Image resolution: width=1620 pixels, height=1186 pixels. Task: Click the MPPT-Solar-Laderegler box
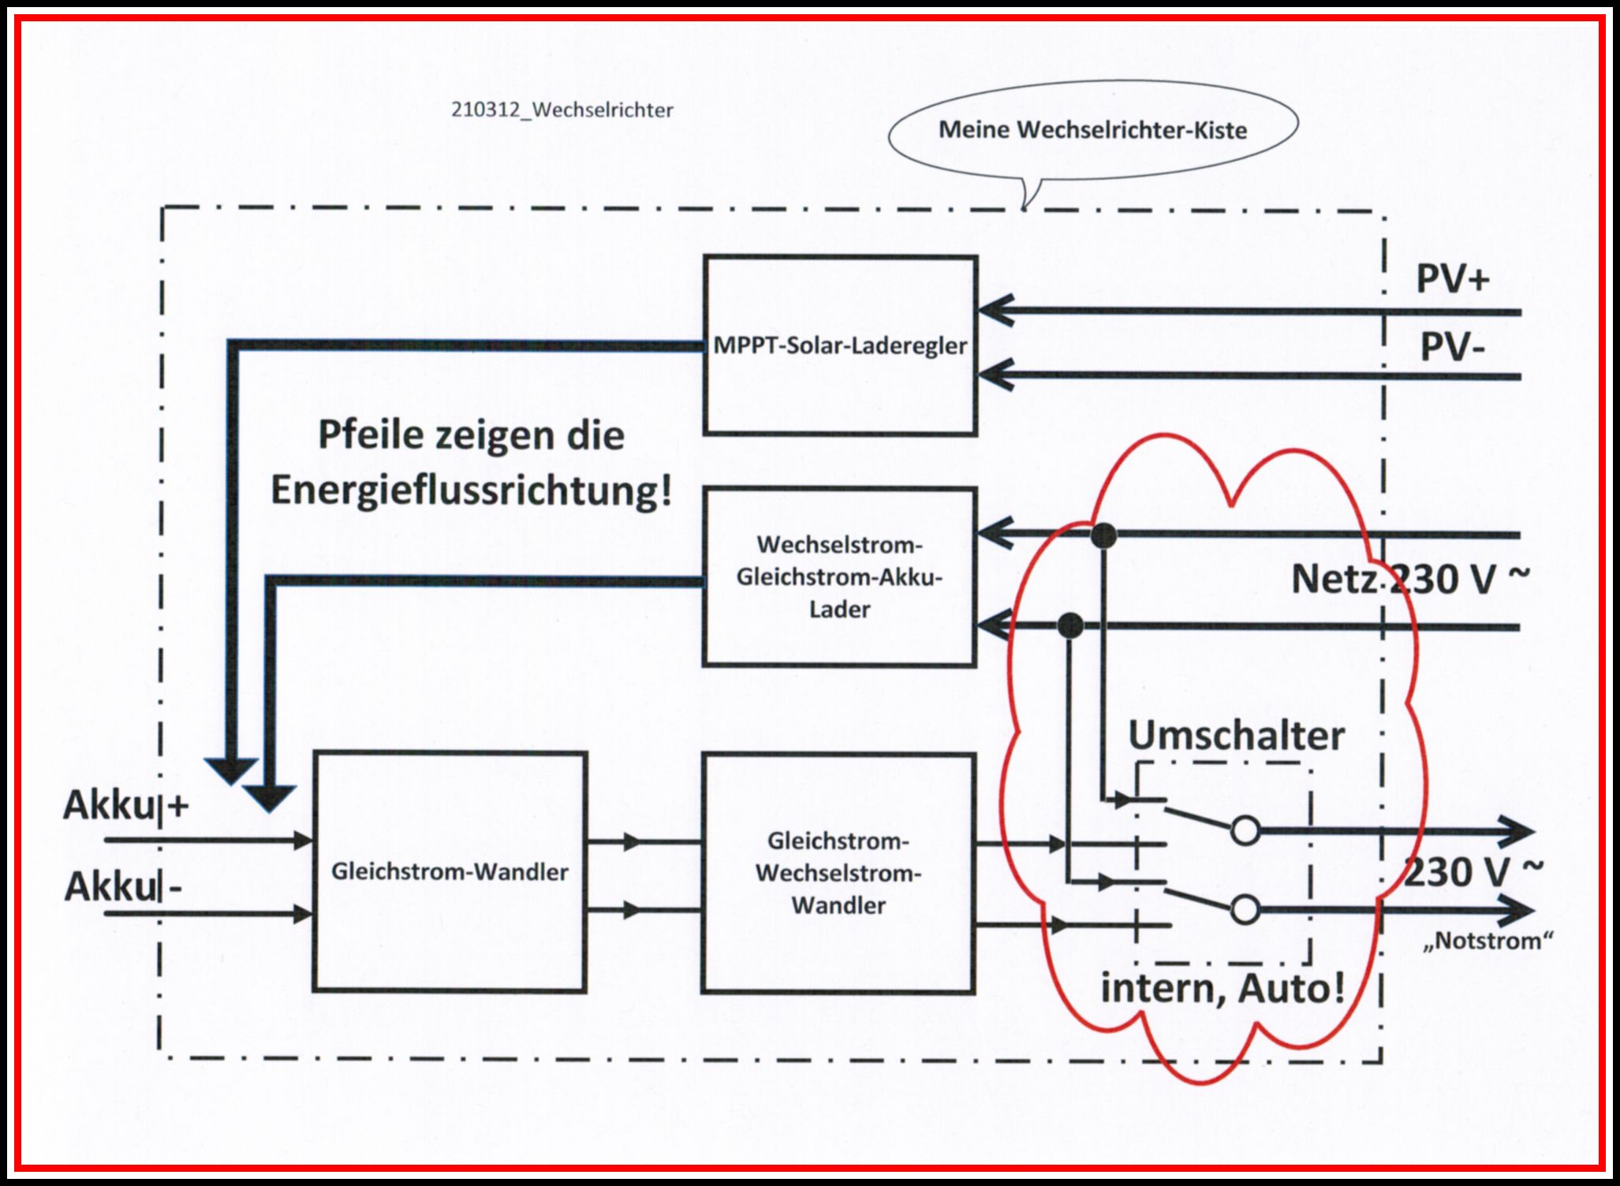pos(840,345)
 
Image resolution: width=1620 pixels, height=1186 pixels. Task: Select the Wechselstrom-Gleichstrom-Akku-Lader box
pos(839,577)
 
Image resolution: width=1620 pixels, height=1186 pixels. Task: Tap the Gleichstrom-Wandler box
pos(450,871)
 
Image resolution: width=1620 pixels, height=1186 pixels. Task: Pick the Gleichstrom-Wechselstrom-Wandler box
pos(838,873)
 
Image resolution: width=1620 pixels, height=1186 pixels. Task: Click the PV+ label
pos(1453,278)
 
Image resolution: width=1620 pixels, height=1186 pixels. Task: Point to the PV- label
pos(1452,347)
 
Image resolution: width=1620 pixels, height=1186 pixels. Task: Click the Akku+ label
pos(126,805)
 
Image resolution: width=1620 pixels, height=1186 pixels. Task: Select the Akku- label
pos(123,887)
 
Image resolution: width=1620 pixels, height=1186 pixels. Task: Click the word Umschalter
pos(1236,736)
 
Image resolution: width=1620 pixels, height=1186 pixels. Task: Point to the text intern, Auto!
pos(1222,988)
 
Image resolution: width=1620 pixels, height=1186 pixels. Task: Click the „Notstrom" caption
pos(1488,941)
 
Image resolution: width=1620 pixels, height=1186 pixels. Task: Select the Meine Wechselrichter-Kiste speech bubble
pos(1093,130)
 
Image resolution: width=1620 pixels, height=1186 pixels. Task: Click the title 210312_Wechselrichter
pos(562,110)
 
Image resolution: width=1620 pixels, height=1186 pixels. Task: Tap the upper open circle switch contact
pos(1245,830)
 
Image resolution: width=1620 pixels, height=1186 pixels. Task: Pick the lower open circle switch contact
pos(1245,910)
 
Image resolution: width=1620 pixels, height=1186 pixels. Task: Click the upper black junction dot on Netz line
pos(1103,535)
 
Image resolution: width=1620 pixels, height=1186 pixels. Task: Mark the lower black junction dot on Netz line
pos(1069,626)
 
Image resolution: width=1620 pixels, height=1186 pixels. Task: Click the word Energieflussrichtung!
pos(472,490)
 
